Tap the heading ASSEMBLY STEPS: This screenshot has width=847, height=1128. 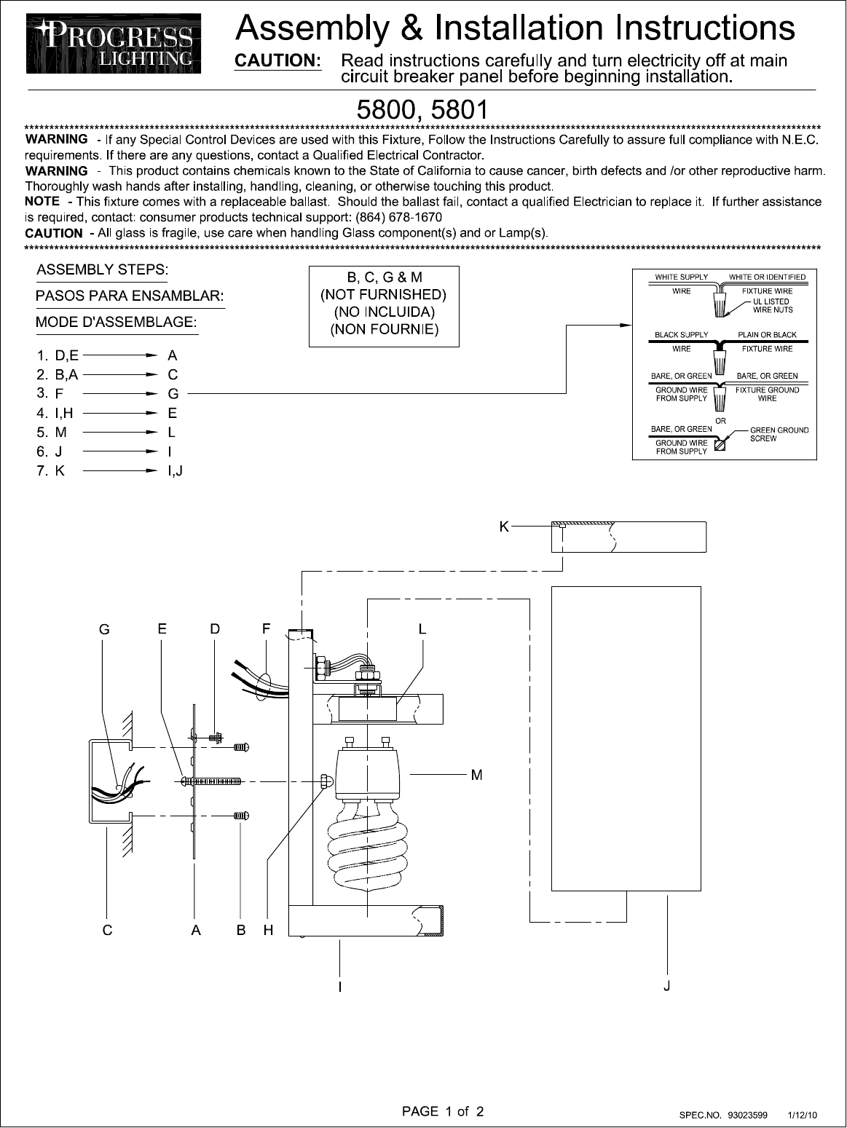(x=102, y=269)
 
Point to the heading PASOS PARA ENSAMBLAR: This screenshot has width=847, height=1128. (x=130, y=296)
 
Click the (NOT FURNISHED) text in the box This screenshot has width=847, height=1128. (x=384, y=295)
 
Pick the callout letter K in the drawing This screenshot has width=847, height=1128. (x=504, y=526)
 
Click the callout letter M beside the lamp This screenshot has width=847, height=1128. (x=476, y=775)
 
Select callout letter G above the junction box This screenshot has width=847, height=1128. (x=105, y=630)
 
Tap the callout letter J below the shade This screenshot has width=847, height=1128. (x=667, y=986)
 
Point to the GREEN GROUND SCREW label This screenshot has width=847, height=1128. (x=779, y=434)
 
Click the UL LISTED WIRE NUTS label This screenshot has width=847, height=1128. (x=772, y=306)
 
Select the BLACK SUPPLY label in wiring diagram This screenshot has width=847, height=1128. (x=681, y=335)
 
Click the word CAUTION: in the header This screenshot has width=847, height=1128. (x=277, y=60)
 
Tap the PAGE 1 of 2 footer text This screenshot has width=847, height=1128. (x=443, y=1111)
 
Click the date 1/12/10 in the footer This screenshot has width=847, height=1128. (x=803, y=1115)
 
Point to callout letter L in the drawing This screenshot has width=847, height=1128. (x=422, y=629)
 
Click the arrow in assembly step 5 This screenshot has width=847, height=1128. (x=121, y=433)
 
